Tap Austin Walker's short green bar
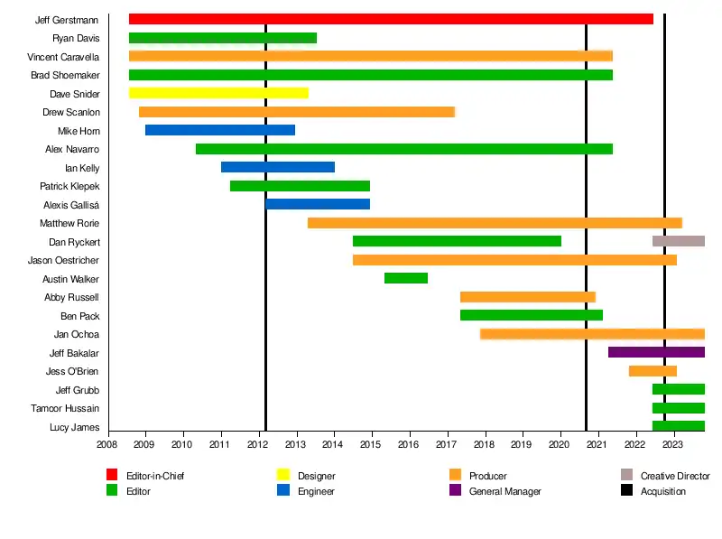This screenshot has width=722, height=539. point(405,278)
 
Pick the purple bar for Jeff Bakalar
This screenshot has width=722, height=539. point(656,352)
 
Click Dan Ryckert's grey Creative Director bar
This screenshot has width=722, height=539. point(678,241)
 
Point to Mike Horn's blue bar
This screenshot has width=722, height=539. point(219,130)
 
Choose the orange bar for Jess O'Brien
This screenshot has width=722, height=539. point(653,371)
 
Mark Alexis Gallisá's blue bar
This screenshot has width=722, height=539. point(318,204)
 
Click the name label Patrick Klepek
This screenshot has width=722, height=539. point(69,186)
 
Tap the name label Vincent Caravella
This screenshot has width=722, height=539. point(63,57)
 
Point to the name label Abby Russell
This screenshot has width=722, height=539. point(71,297)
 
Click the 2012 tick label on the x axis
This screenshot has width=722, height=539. point(258,444)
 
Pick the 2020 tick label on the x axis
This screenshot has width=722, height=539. point(560,444)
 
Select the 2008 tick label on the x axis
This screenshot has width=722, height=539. point(107,444)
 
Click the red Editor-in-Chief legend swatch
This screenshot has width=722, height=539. point(112,475)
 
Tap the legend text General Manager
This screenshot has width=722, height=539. point(504,491)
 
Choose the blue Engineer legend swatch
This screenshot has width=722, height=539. point(282,490)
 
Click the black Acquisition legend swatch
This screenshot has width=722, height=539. point(626,490)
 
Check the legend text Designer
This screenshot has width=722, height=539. point(316,476)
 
